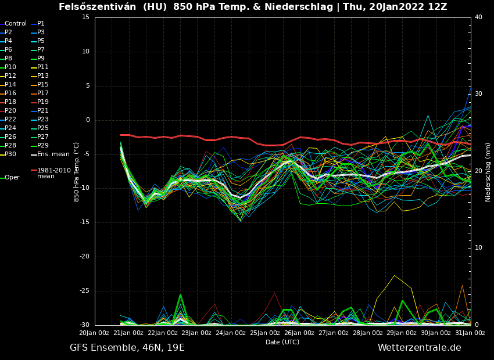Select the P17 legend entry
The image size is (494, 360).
click(43, 93)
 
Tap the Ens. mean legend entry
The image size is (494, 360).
click(53, 154)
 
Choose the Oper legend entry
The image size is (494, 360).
click(12, 178)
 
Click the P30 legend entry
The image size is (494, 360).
click(10, 154)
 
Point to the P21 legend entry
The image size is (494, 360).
click(43, 111)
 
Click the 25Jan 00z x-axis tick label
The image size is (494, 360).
click(265, 333)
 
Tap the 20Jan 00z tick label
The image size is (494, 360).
click(94, 333)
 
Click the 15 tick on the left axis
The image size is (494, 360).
click(85, 17)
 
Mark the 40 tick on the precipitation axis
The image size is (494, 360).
click(478, 17)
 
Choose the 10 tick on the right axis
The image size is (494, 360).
click(478, 248)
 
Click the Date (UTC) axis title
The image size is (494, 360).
click(282, 343)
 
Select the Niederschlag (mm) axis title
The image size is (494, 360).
click(488, 172)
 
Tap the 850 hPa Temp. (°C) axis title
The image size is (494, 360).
click(76, 172)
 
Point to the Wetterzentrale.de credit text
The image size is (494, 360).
click(419, 348)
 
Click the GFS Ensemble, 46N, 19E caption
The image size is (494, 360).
click(127, 348)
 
